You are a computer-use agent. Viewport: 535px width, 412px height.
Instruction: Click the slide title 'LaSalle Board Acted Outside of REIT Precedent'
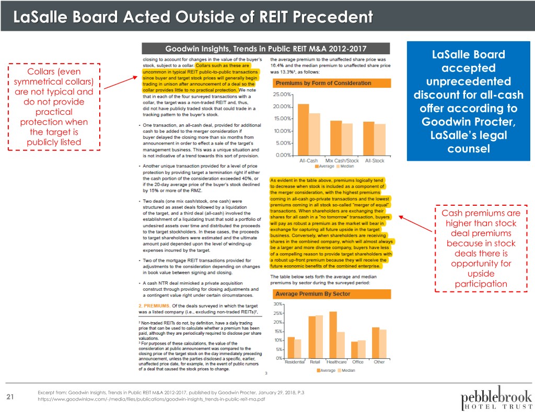[x=193, y=18]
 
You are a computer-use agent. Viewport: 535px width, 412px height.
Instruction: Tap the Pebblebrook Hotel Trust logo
[x=497, y=394]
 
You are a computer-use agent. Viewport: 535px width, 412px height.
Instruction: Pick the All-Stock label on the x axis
[x=375, y=160]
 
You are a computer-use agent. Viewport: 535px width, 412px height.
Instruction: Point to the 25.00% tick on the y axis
[x=284, y=95]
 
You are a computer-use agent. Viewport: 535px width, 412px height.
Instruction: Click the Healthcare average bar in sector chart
[x=333, y=334]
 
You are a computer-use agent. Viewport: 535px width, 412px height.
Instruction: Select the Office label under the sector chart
[x=358, y=362]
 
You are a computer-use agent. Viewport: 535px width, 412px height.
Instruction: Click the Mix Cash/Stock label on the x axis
[x=338, y=160]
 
